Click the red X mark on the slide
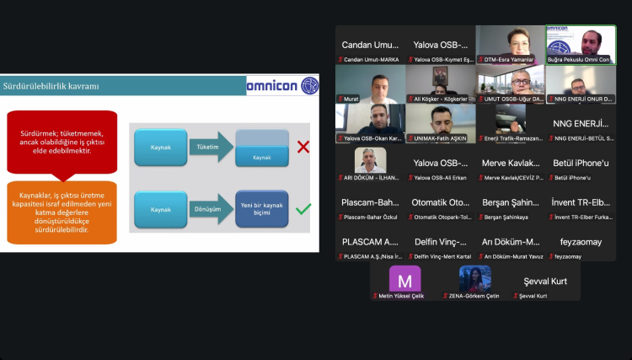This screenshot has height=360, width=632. [303, 147]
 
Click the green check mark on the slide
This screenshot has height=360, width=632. [303, 208]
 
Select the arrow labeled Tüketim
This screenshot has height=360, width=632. [210, 147]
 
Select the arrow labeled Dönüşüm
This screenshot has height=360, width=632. [210, 209]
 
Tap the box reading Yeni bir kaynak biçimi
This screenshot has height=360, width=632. [261, 209]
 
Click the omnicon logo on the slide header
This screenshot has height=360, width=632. [282, 85]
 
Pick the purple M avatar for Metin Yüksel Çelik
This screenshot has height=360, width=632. [404, 280]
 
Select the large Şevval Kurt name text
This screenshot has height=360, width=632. [545, 282]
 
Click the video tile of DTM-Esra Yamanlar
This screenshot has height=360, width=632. [510, 44]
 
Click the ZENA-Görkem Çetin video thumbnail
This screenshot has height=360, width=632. [474, 279]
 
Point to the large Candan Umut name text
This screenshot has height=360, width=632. [369, 44]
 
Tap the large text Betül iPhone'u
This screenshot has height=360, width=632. [581, 163]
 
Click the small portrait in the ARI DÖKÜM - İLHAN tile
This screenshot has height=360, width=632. [370, 159]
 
